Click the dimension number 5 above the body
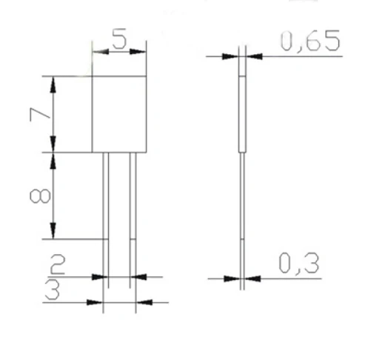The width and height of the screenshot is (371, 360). pyautogui.click(x=119, y=39)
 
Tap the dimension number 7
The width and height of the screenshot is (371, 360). pyautogui.click(x=40, y=115)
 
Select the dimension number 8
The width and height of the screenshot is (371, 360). pyautogui.click(x=40, y=196)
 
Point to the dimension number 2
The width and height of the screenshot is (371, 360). pyautogui.click(x=58, y=264)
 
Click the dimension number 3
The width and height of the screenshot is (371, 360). pyautogui.click(x=53, y=290)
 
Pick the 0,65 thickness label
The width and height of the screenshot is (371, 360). pyautogui.click(x=310, y=41)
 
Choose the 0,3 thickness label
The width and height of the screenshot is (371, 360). pyautogui.click(x=299, y=263)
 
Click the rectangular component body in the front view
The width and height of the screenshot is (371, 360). pyautogui.click(x=119, y=114)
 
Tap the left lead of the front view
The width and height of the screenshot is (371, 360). pyautogui.click(x=106, y=220)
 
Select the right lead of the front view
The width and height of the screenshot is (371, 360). pyautogui.click(x=133, y=220)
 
